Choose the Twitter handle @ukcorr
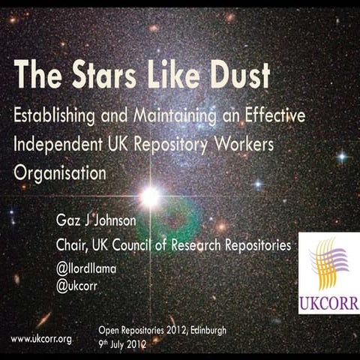(78, 285)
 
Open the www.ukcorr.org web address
(41, 339)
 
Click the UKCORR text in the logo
(328, 305)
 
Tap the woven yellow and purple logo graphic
(328, 265)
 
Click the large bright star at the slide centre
(150, 196)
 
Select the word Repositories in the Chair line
(255, 245)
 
